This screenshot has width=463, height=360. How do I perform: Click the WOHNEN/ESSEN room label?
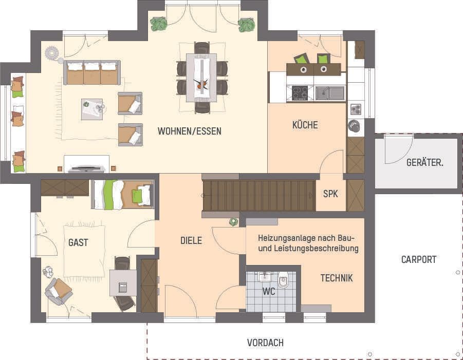pyautogui.click(x=190, y=131)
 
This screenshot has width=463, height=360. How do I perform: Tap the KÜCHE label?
pyautogui.click(x=305, y=125)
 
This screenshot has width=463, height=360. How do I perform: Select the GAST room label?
pyautogui.click(x=78, y=243)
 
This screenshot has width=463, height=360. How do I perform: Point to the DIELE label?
pyautogui.click(x=191, y=240)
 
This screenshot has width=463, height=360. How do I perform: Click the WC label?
pyautogui.click(x=269, y=292)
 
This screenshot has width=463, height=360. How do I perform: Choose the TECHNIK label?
pyautogui.click(x=337, y=278)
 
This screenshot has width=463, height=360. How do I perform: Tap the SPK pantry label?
pyautogui.click(x=330, y=194)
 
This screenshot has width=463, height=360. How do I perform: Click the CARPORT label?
pyautogui.click(x=419, y=259)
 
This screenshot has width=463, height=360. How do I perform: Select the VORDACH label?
pyautogui.click(x=265, y=343)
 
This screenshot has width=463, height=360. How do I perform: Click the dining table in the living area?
pyautogui.click(x=201, y=78)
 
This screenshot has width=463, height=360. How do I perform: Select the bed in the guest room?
pyautogui.click(x=123, y=195)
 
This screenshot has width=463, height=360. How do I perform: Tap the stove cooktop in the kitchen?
pyautogui.click(x=300, y=93)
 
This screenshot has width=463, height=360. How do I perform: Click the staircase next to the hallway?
pyautogui.click(x=258, y=195)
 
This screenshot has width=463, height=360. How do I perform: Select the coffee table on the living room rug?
pyautogui.click(x=92, y=109)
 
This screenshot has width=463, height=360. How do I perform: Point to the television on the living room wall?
pyautogui.click(x=86, y=167)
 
